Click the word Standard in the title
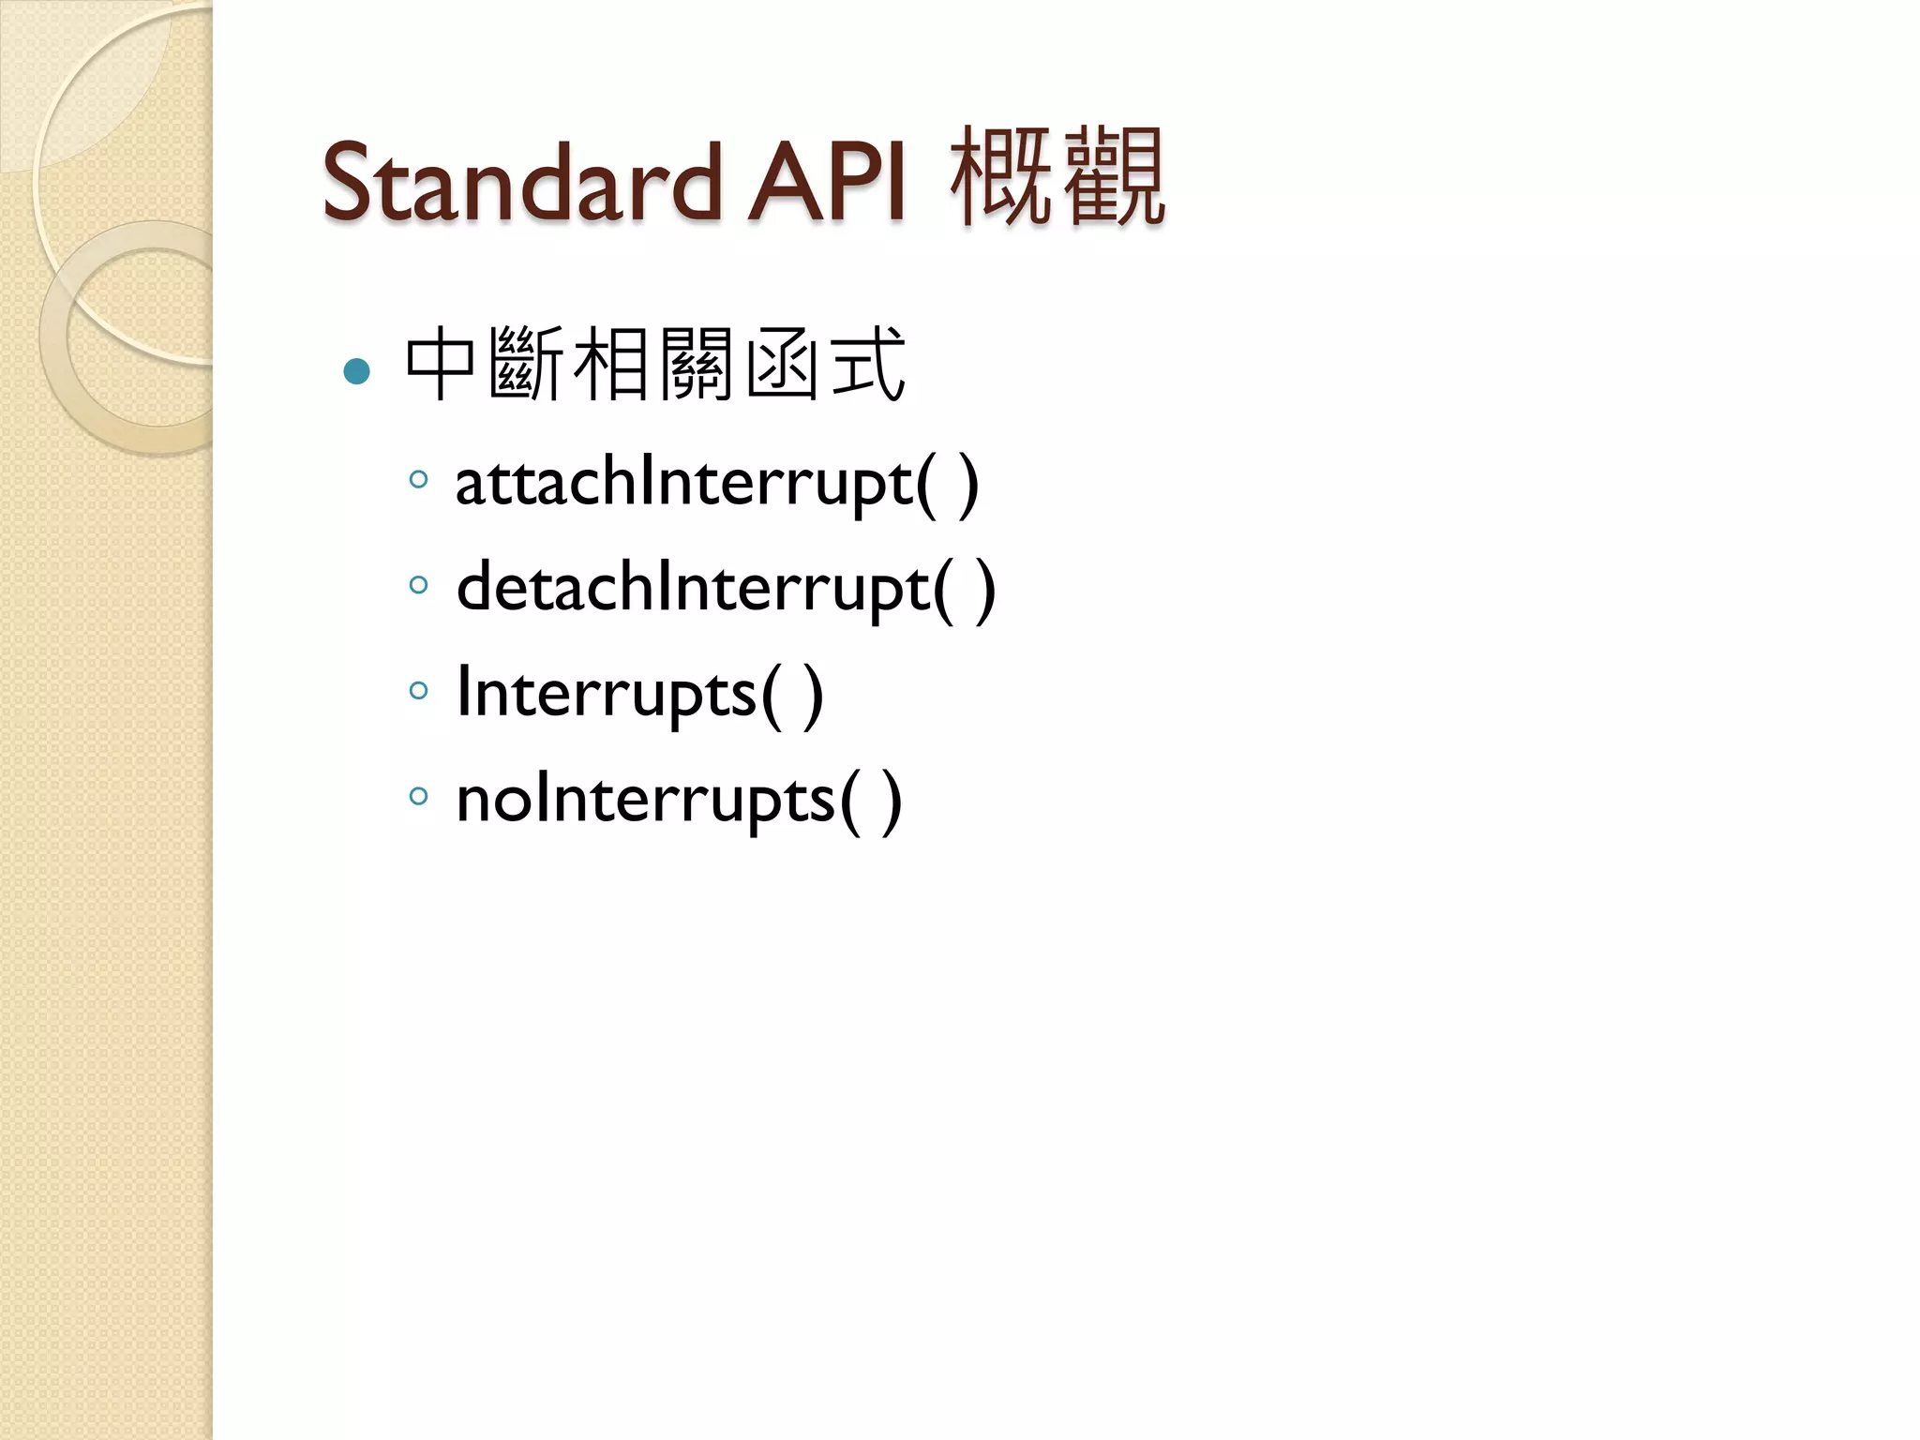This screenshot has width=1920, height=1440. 520,183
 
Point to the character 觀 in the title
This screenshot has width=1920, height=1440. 1115,178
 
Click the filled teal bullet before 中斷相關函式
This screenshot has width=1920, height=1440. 357,371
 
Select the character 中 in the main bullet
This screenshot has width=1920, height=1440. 441,365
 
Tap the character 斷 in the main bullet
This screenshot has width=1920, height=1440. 526,365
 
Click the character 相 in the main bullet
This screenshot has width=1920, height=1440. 610,365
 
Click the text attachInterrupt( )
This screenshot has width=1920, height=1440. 716,484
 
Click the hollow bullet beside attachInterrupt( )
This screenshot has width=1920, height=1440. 419,481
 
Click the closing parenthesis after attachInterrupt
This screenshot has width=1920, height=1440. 967,486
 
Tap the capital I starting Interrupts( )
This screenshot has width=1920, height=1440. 463,692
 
